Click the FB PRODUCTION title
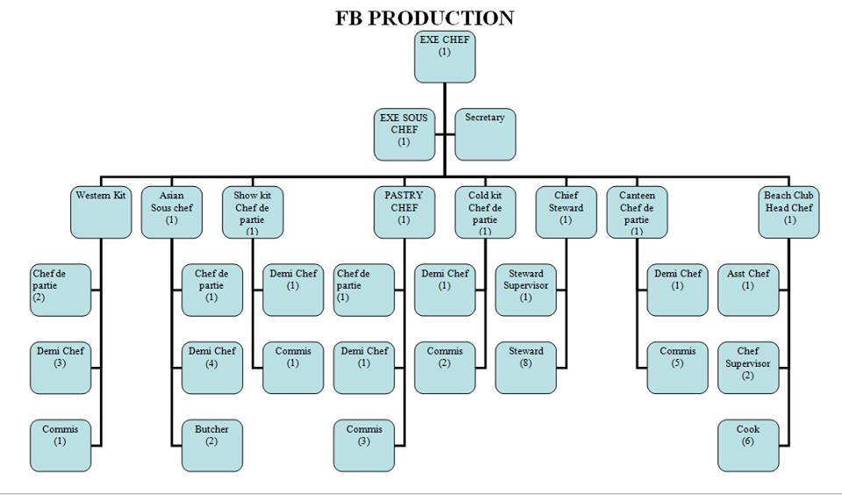(x=425, y=18)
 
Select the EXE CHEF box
(x=445, y=56)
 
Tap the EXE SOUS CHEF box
(x=403, y=134)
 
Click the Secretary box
(x=485, y=134)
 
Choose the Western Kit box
(x=101, y=212)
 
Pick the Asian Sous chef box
(x=171, y=212)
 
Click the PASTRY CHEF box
(x=403, y=212)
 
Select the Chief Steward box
(x=566, y=212)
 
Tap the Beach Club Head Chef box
(x=789, y=212)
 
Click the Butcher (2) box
(x=211, y=445)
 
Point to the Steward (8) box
(x=525, y=367)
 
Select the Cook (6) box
(x=748, y=445)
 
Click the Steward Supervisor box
(x=525, y=290)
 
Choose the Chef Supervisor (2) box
(x=748, y=367)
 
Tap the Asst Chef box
(x=748, y=290)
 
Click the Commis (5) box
(x=677, y=367)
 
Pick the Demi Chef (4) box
(x=211, y=367)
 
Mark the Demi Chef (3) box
(x=61, y=367)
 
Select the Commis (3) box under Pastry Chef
(x=363, y=445)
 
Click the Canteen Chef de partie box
(x=637, y=212)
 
